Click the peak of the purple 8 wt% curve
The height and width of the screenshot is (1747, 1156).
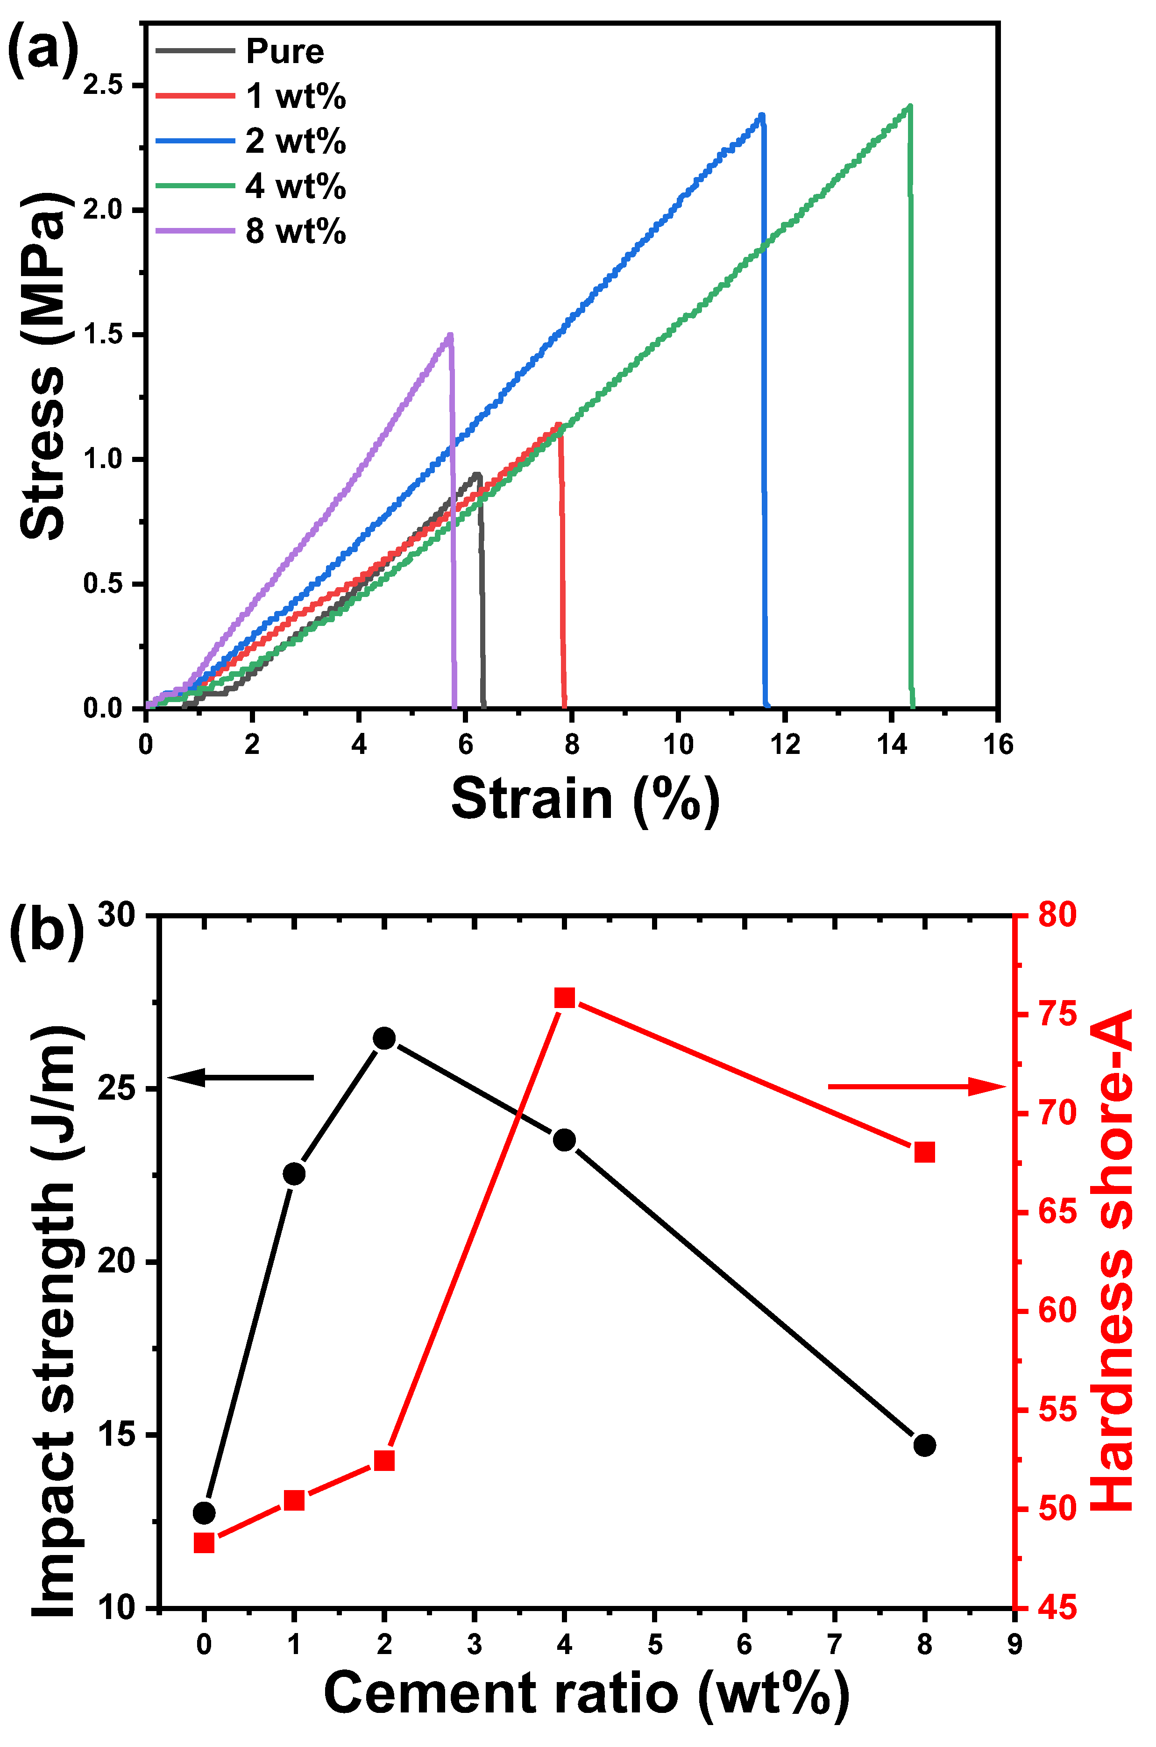[450, 335]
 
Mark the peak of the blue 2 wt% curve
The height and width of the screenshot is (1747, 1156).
[762, 115]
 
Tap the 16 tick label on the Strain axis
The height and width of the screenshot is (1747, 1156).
[998, 745]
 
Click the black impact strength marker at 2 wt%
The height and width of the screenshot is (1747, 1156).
[384, 1038]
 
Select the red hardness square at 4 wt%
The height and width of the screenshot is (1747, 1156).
[565, 998]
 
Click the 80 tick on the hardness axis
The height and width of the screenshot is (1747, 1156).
[1057, 916]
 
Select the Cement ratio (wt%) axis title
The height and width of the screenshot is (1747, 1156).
[586, 1694]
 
